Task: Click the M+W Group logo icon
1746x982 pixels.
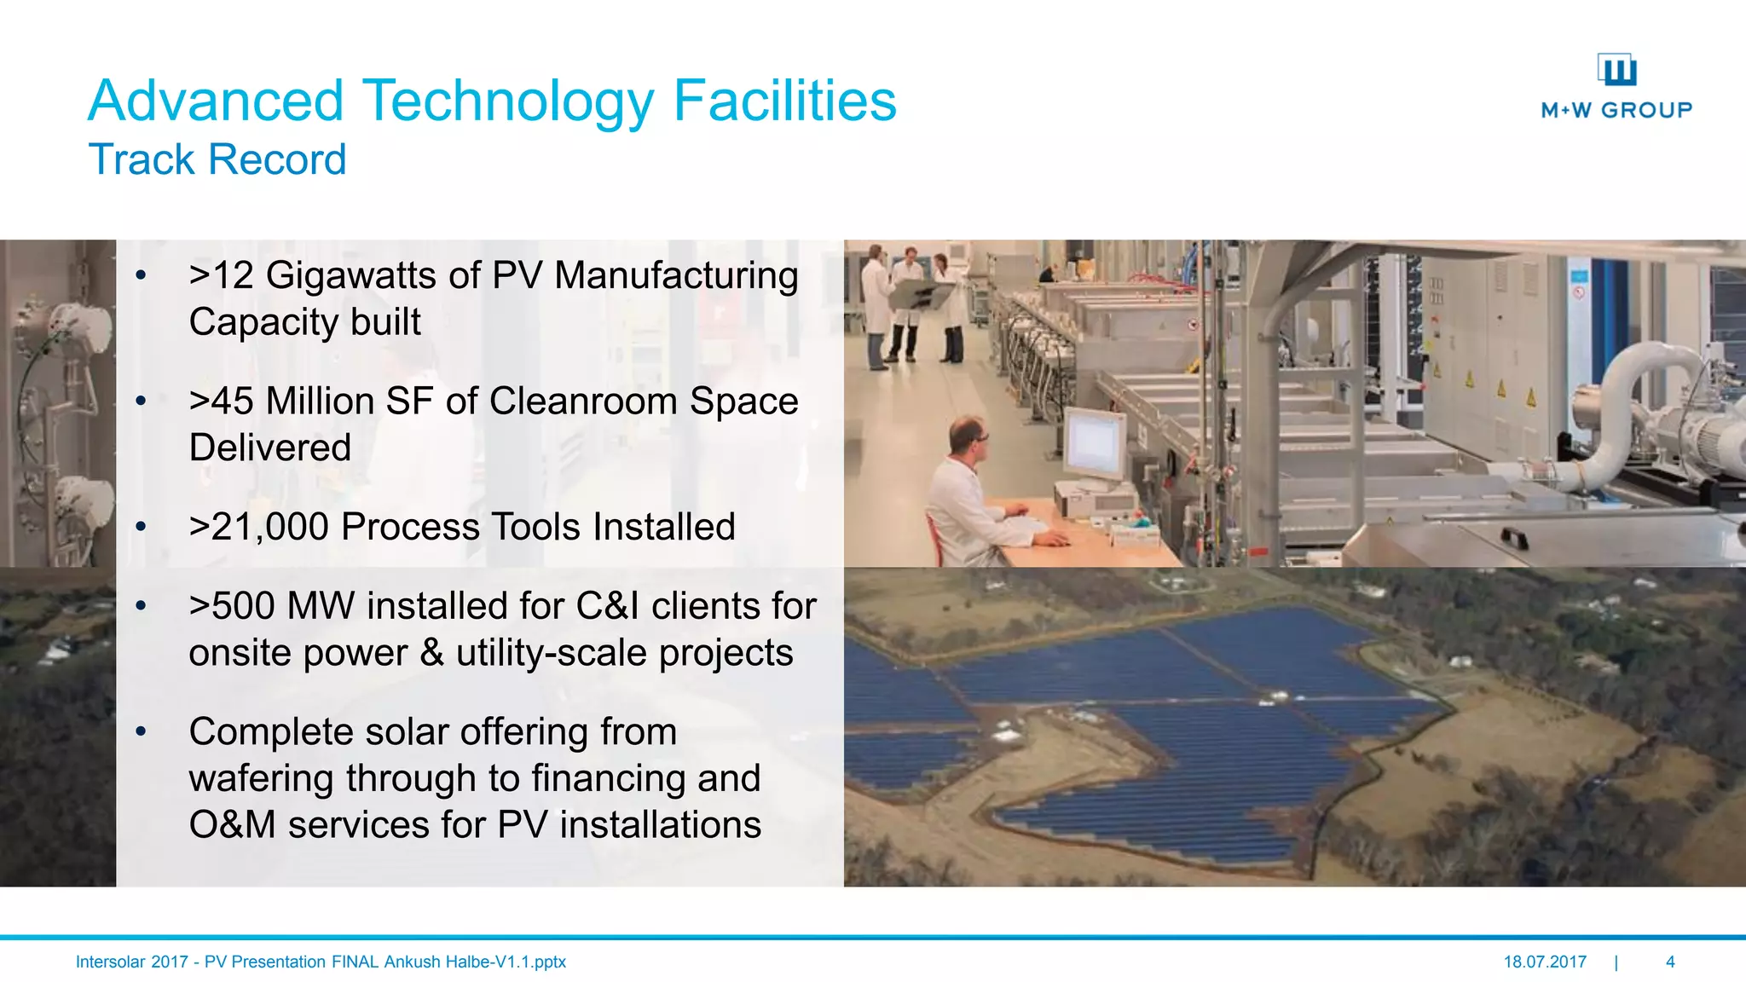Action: click(1617, 70)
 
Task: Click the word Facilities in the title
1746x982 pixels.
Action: click(784, 101)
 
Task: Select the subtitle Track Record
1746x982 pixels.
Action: click(217, 159)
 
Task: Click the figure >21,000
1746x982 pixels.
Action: click(259, 527)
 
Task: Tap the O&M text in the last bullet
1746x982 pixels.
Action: click(232, 825)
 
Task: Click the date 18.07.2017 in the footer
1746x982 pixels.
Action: click(1545, 962)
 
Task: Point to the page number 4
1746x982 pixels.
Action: click(1670, 962)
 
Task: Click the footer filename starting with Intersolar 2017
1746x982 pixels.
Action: click(321, 962)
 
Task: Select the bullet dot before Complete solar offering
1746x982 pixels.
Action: click(142, 731)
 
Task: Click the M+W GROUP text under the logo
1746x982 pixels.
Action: click(1616, 110)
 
